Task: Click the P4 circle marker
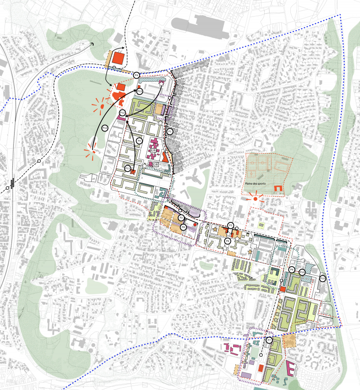point(137,75)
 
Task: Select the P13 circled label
point(140,91)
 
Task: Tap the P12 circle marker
point(122,113)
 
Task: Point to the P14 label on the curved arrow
point(105,128)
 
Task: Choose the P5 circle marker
point(139,141)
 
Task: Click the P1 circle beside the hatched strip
point(170,132)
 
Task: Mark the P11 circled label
point(128,169)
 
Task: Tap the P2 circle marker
point(181,218)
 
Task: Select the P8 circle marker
point(184,228)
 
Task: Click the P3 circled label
point(230,225)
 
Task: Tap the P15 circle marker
point(322,279)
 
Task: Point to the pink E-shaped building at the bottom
point(291,368)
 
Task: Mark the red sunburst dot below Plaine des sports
point(256,199)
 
